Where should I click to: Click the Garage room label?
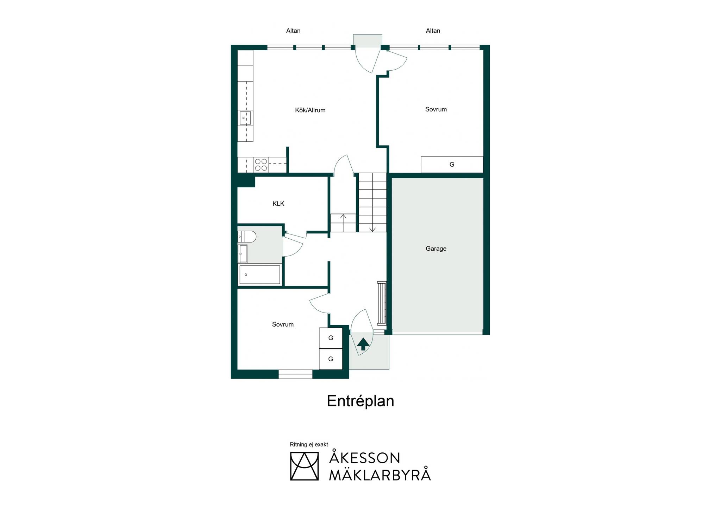click(436, 249)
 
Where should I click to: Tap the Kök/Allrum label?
click(310, 110)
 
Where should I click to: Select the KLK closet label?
click(278, 204)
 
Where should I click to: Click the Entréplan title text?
click(360, 401)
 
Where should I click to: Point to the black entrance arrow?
click(363, 344)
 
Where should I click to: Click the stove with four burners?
click(261, 165)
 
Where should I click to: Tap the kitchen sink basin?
click(245, 118)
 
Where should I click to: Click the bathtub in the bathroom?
click(260, 275)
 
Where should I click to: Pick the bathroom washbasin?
click(243, 254)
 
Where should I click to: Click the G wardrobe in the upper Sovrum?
click(452, 165)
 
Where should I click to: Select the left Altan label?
click(293, 31)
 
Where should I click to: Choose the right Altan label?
click(433, 31)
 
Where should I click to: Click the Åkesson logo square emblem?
click(304, 466)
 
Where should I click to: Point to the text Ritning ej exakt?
click(309, 445)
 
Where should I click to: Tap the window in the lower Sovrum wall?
click(295, 374)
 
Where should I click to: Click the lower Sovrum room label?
click(283, 324)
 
